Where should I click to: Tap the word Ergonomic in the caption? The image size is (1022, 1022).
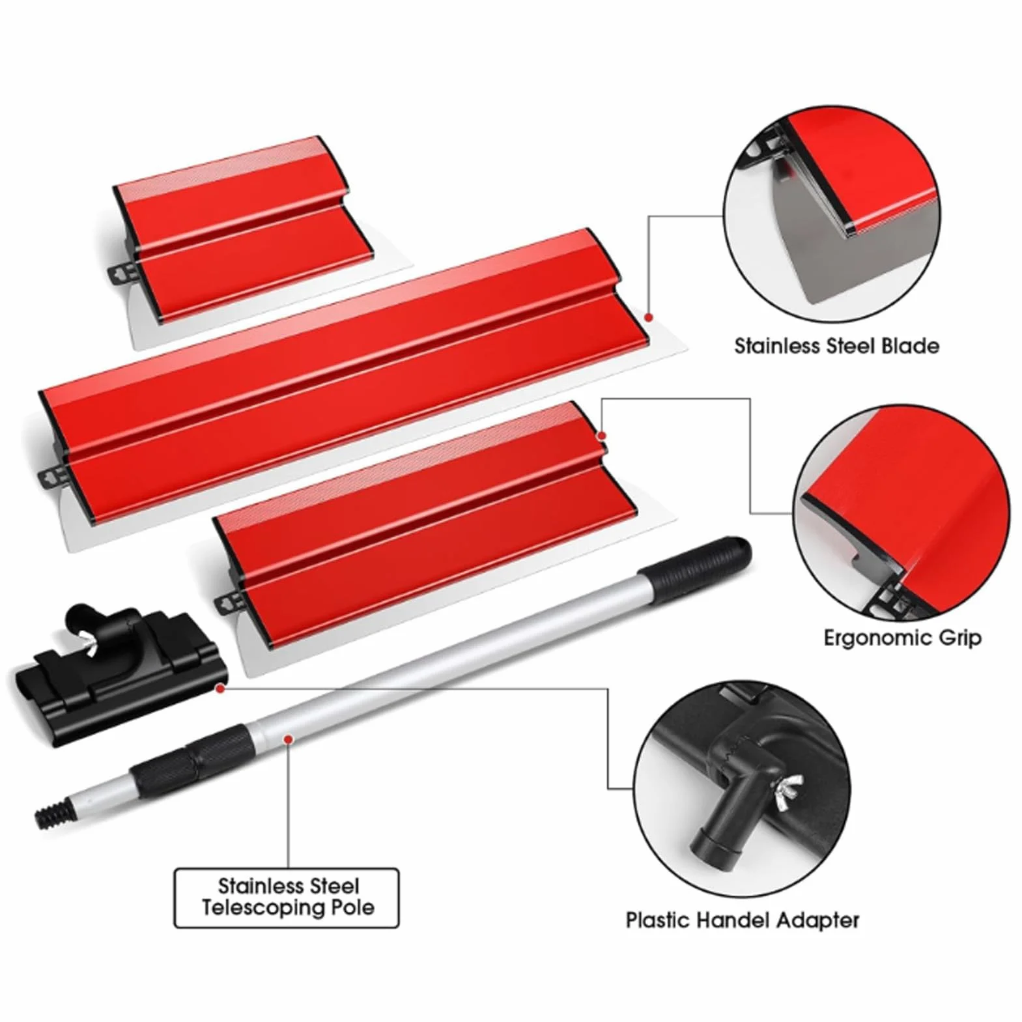tap(869, 638)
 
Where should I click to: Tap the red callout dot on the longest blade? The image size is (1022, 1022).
tap(649, 317)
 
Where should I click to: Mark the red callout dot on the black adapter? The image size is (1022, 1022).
tap(221, 687)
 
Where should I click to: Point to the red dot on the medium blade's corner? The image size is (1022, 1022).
tap(602, 435)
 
